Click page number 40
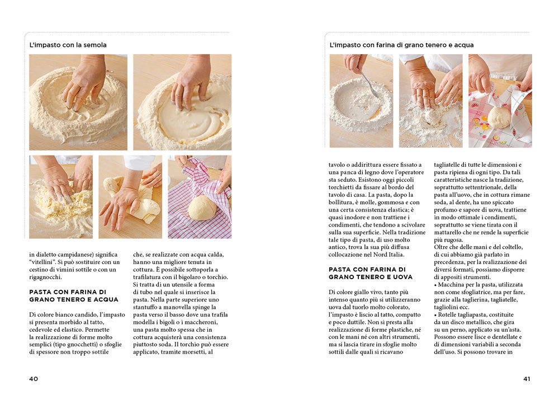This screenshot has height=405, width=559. point(34,379)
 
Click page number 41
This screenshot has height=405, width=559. point(527,379)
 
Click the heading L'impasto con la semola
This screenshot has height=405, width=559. point(68,45)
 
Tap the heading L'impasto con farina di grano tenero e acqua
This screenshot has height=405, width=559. point(401,45)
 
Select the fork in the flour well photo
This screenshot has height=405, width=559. point(371,85)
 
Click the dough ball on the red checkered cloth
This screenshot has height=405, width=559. point(202,208)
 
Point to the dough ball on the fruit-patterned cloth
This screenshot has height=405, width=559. point(499,117)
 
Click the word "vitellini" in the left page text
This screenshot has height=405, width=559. point(42,262)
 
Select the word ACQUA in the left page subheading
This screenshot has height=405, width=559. point(106,299)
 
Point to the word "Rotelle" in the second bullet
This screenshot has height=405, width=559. point(448,314)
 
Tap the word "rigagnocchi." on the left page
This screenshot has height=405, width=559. point(46,277)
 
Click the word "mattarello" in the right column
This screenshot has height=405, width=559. point(448,232)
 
